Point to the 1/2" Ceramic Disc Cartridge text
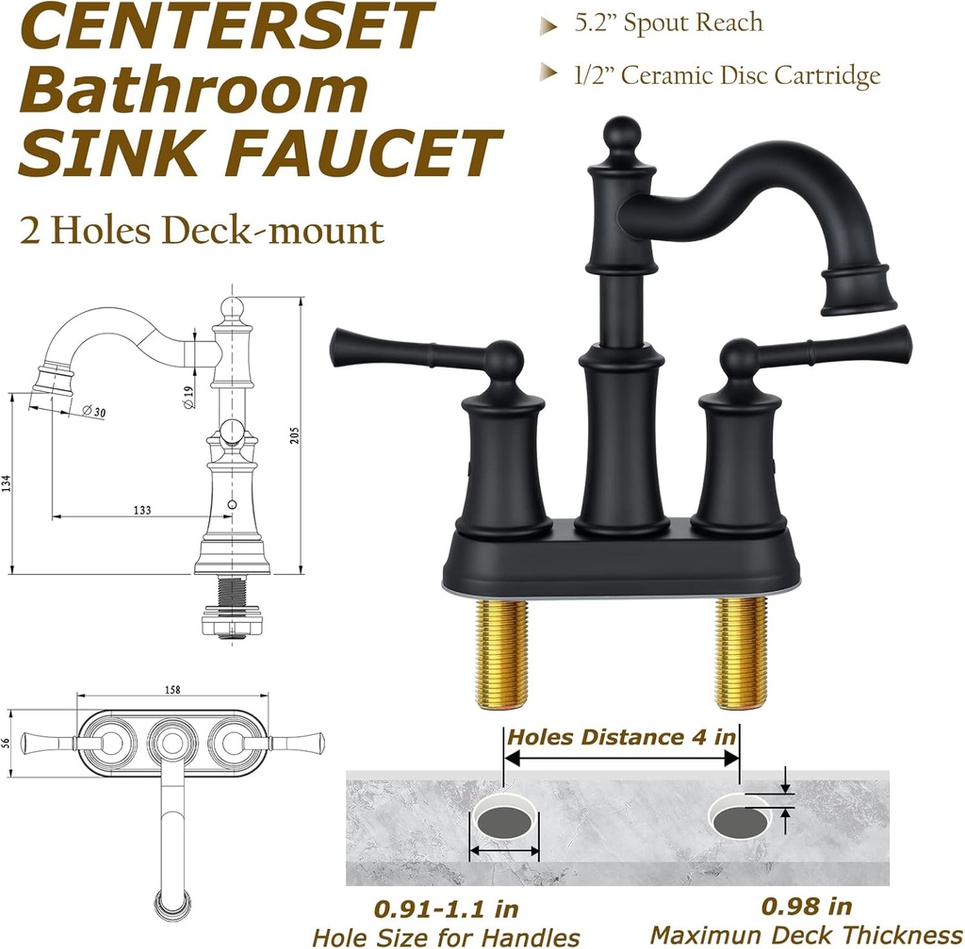(727, 75)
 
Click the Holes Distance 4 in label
(622, 736)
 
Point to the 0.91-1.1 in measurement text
(446, 908)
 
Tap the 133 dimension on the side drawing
(142, 510)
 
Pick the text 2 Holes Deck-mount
(203, 231)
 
